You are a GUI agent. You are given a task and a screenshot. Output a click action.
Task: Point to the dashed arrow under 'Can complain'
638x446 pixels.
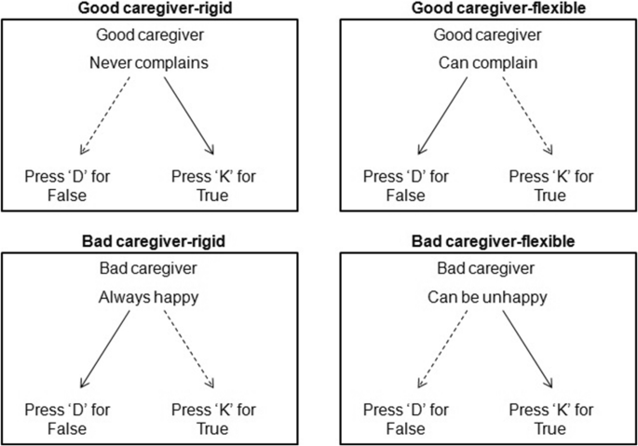point(528,115)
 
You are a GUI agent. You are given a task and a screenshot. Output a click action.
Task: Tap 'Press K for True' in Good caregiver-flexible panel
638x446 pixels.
point(550,186)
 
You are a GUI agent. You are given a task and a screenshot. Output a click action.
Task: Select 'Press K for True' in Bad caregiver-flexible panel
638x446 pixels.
point(550,419)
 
